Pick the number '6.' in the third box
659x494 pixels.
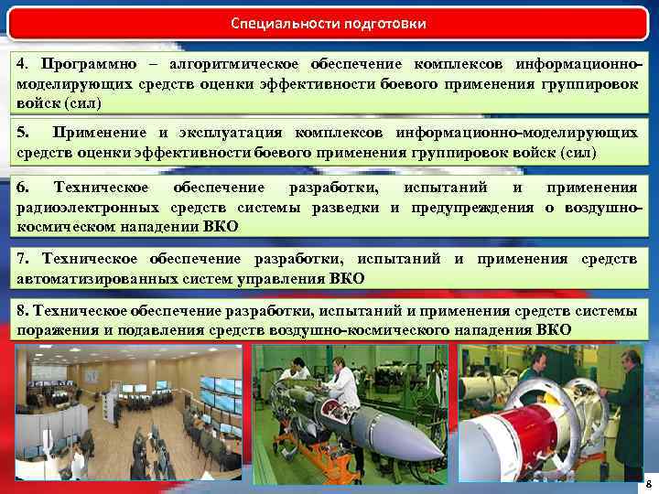(x=24, y=188)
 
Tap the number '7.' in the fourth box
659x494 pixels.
(x=24, y=260)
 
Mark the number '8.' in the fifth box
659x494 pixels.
(x=24, y=312)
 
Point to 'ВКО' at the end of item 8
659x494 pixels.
(x=555, y=329)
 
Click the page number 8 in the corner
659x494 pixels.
(x=648, y=482)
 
